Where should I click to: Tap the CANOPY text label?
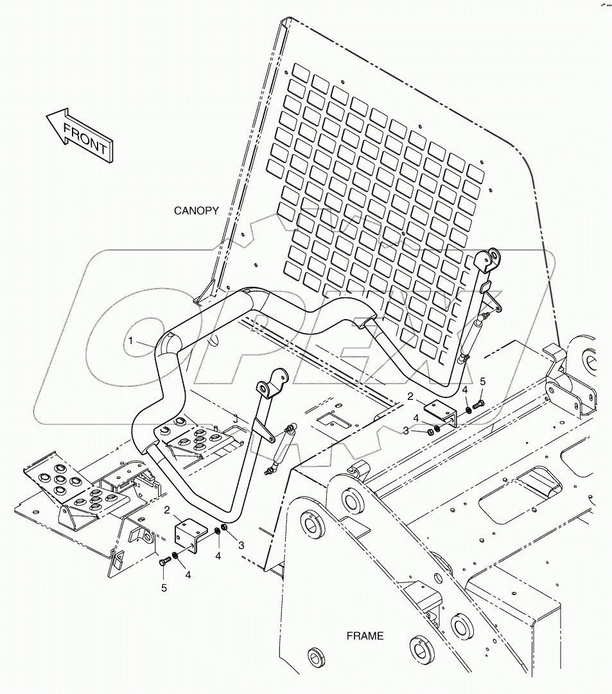pyautogui.click(x=197, y=211)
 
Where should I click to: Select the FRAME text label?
pyautogui.click(x=365, y=636)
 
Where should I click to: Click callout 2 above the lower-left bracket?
pyautogui.click(x=167, y=510)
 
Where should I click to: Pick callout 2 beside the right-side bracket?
pyautogui.click(x=410, y=397)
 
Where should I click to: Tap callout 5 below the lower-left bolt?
pyautogui.click(x=164, y=587)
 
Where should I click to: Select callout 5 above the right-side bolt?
pyautogui.click(x=484, y=381)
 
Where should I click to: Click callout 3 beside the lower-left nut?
pyautogui.click(x=241, y=545)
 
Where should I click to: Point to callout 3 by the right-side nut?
pyautogui.click(x=406, y=431)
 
